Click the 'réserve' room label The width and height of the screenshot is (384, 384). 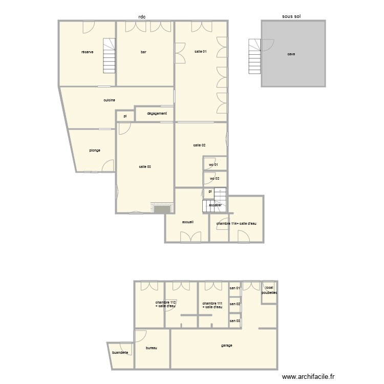[x=87, y=52]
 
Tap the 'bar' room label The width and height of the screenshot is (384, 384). [x=144, y=52]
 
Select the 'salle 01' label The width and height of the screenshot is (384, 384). [x=201, y=52]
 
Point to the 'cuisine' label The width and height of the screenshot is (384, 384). [x=109, y=100]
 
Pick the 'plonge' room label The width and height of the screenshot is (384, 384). [x=94, y=151]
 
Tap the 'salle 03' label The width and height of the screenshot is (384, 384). [x=145, y=167]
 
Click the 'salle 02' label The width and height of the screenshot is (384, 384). [x=200, y=145]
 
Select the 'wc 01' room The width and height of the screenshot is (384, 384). [x=214, y=164]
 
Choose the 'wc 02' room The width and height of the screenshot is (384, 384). [x=215, y=179]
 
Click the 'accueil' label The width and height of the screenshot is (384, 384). [x=188, y=222]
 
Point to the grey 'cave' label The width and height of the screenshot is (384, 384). [x=291, y=54]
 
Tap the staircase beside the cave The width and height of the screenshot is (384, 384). [x=254, y=56]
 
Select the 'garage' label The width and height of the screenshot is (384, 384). [x=227, y=346]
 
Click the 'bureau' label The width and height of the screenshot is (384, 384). [x=151, y=348]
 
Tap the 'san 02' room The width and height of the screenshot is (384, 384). [x=235, y=304]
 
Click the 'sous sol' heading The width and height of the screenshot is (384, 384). [x=291, y=16]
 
